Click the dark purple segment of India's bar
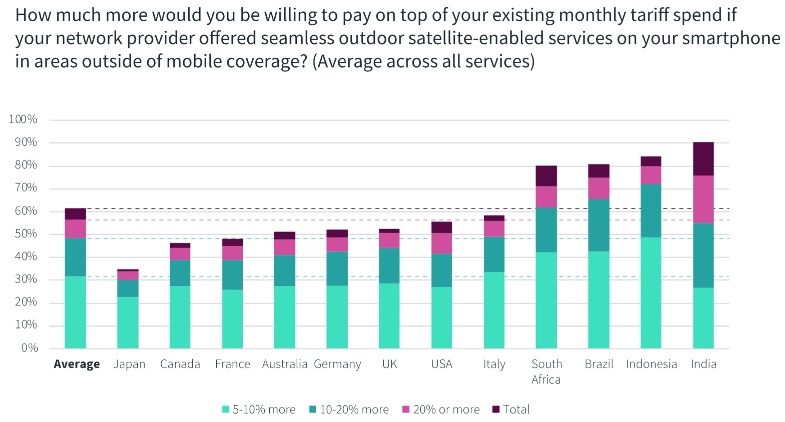coord(703,159)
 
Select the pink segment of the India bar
coord(703,199)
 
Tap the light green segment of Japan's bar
coord(127,322)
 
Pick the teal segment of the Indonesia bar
coord(651,211)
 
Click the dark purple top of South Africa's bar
coord(546,176)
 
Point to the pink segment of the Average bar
coord(75,229)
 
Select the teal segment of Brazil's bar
coord(599,225)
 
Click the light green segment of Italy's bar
coord(494,310)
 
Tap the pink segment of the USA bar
coord(441,243)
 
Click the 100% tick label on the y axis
coord(23,119)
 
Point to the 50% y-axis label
coord(26,234)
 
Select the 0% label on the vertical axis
coord(29,348)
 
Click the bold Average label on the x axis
coord(77,364)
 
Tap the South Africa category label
coord(546,372)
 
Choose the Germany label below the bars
coord(337,364)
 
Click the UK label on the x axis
coord(390,364)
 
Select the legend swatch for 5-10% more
coord(226,409)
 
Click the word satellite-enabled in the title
coord(476,38)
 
